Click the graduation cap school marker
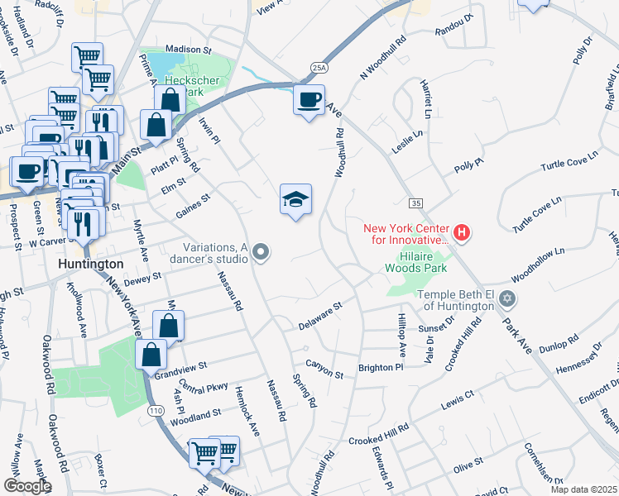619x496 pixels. [295, 200]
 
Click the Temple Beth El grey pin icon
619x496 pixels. [507, 298]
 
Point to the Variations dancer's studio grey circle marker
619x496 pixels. [262, 252]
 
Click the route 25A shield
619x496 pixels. [320, 66]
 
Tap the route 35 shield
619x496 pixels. [415, 202]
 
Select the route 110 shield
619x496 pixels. [155, 410]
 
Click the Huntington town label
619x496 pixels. [91, 264]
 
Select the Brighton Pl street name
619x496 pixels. [380, 367]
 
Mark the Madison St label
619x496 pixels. [190, 50]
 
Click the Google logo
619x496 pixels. [27, 486]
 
